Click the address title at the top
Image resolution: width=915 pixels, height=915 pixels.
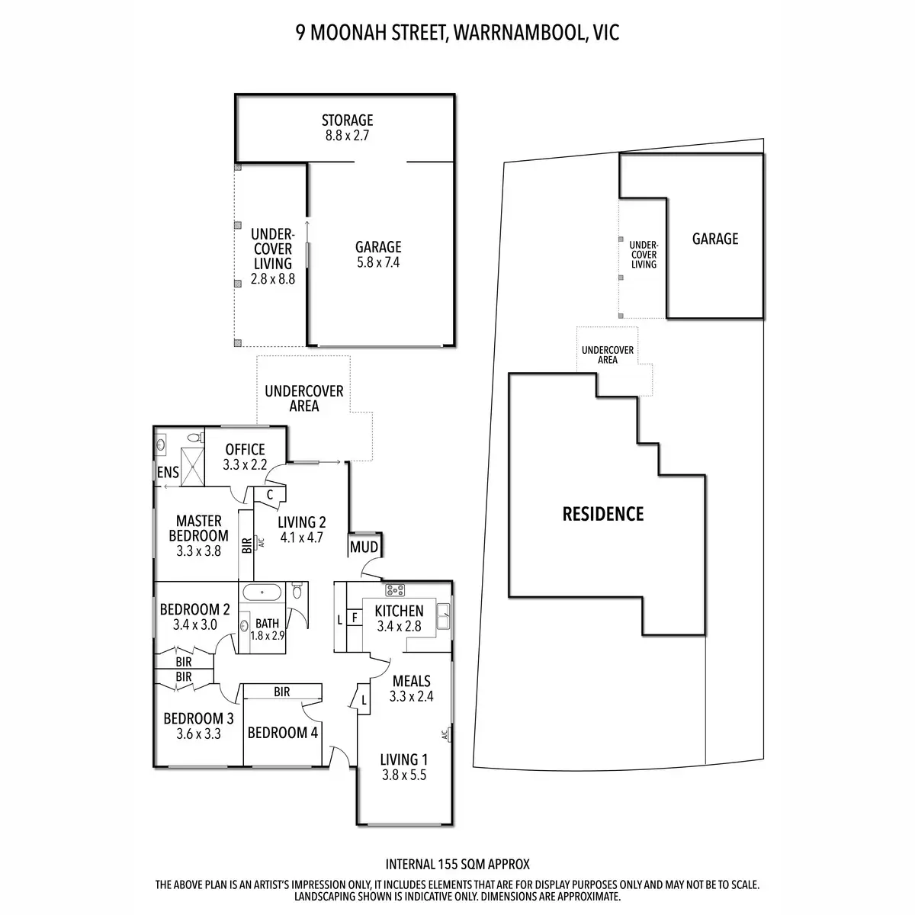click(457, 33)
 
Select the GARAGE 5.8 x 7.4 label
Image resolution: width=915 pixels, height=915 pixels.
click(378, 255)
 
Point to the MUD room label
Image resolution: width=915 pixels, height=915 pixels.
click(364, 547)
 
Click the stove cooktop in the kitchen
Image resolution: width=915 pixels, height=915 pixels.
click(395, 589)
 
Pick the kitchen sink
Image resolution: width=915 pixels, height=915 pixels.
click(443, 618)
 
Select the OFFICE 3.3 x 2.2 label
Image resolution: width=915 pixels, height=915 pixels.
click(245, 457)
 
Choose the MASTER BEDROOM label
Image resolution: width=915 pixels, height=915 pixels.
click(198, 535)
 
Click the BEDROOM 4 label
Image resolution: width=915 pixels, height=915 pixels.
click(283, 733)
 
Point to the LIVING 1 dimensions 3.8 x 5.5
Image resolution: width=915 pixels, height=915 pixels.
click(403, 775)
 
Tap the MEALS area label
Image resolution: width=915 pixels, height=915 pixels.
click(411, 681)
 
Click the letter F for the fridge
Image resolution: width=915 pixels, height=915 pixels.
click(355, 618)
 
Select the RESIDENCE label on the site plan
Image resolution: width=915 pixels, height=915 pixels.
click(603, 514)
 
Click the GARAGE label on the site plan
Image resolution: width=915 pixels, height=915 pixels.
click(714, 239)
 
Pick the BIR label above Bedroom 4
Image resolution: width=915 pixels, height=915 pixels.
click(281, 692)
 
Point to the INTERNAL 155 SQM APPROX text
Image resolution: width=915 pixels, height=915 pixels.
click(457, 865)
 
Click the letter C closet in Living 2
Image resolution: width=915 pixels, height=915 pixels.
click(270, 495)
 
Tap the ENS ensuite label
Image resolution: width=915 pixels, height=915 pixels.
click(169, 473)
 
